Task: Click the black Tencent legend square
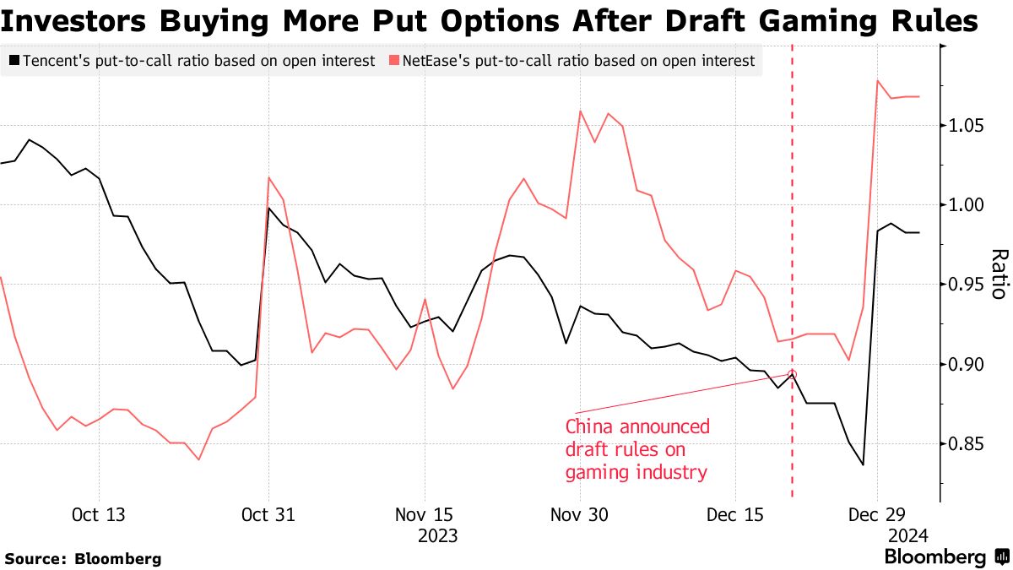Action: click(14, 61)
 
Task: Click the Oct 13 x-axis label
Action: click(99, 514)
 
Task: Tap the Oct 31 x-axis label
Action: click(268, 514)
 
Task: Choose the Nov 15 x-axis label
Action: click(424, 514)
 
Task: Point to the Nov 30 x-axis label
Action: click(578, 514)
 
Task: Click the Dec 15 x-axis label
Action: click(734, 514)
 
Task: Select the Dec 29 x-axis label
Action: click(877, 514)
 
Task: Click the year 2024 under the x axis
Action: click(907, 535)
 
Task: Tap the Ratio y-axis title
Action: click(999, 274)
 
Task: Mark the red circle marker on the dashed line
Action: click(792, 374)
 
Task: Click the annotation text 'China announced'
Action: click(637, 427)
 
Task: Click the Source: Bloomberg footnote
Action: click(83, 558)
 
